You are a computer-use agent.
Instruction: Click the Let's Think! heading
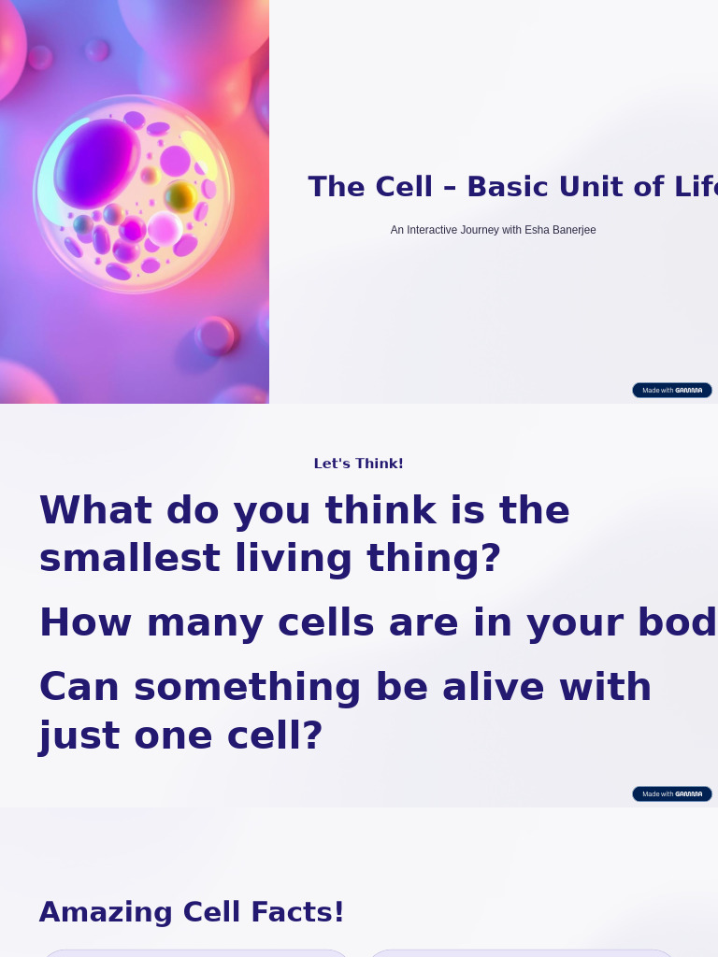[x=359, y=464]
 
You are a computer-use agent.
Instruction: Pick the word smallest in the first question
[x=129, y=559]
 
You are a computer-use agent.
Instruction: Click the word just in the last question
[x=79, y=736]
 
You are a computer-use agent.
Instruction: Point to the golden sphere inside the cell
[x=179, y=196]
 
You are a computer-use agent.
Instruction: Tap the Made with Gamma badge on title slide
[x=671, y=390]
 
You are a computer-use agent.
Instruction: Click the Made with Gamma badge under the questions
[x=671, y=793]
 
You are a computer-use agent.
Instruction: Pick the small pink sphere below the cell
[x=216, y=336]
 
